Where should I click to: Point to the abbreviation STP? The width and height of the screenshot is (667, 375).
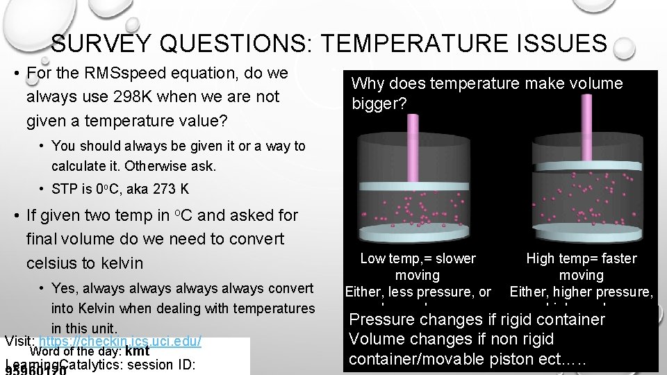64,189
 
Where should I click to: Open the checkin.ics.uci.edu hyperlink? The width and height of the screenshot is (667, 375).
121,342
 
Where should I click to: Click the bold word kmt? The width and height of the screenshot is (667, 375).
138,351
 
